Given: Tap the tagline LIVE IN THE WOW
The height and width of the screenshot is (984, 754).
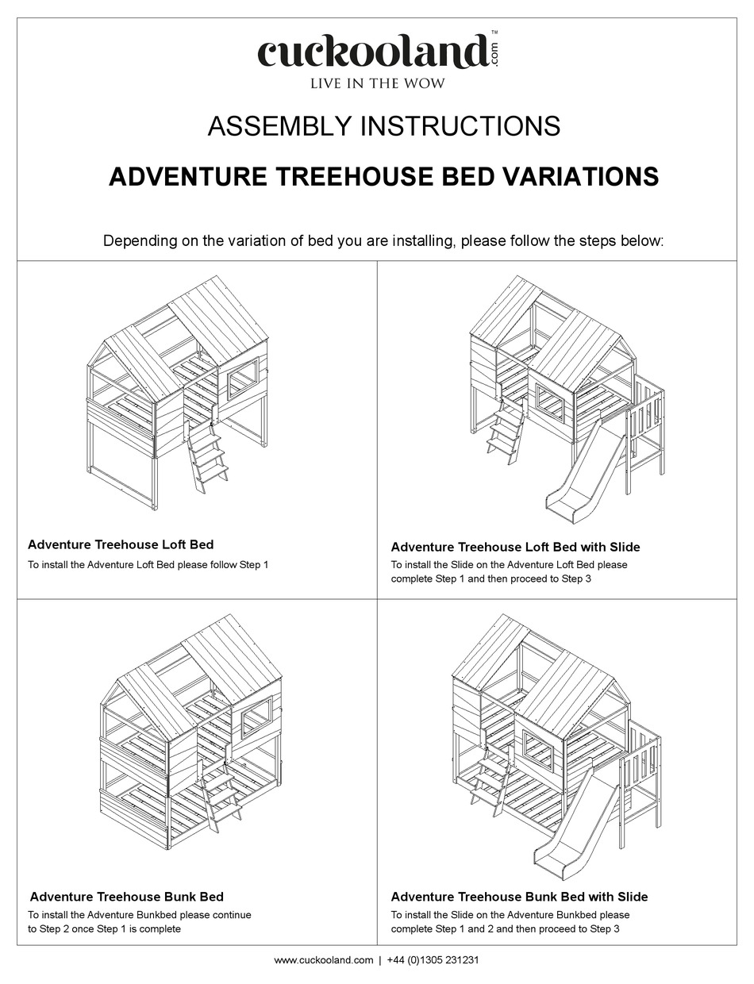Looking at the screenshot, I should (x=377, y=83).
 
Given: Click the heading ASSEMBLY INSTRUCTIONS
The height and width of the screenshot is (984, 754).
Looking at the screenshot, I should (x=384, y=126).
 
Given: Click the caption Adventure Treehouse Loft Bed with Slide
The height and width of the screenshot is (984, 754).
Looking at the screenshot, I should (x=515, y=547).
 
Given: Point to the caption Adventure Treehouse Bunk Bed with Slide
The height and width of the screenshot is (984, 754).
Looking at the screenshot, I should (x=519, y=897).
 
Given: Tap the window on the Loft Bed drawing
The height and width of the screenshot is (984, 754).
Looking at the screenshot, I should (x=243, y=378).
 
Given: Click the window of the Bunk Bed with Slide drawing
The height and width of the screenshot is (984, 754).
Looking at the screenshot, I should (x=540, y=749).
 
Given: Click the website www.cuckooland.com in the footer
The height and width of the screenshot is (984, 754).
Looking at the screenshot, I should (x=323, y=960).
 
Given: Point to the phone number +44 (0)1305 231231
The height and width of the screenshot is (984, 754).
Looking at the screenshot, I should (x=433, y=960).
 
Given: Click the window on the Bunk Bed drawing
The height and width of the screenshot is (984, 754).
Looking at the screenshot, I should (x=256, y=719).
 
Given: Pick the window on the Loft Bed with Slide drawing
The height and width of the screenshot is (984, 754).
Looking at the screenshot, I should (x=550, y=402).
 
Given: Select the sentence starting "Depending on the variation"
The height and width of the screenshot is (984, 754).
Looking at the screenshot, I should (x=383, y=240).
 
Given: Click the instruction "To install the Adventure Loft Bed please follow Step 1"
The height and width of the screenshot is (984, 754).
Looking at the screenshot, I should (x=148, y=565).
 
